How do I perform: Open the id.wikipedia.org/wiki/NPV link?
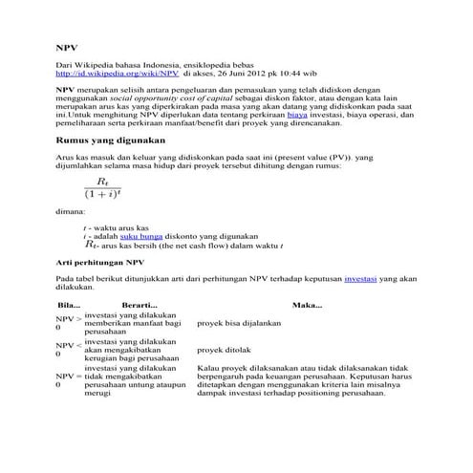click(x=117, y=72)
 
